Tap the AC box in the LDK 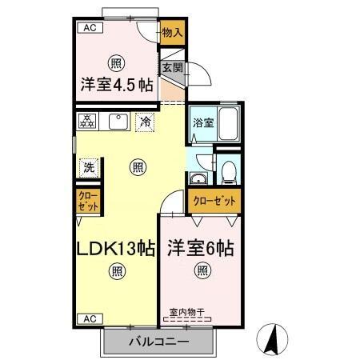(x=89, y=318)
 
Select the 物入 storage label (x=172, y=33)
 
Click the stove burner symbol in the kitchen (x=86, y=122)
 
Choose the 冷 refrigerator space (x=145, y=122)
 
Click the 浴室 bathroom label (x=202, y=123)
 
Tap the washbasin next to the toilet (x=199, y=178)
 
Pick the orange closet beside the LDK (x=88, y=200)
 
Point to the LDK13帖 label (x=115, y=248)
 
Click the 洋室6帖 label (x=200, y=249)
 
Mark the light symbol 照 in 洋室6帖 (x=200, y=270)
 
